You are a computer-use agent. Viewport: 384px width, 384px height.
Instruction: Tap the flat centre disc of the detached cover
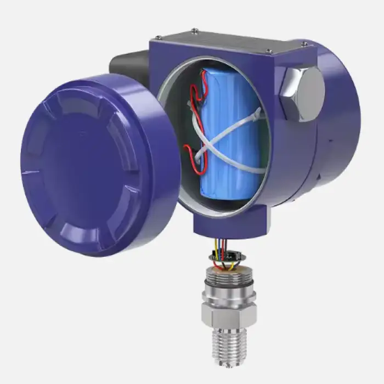click(x=82, y=165)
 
